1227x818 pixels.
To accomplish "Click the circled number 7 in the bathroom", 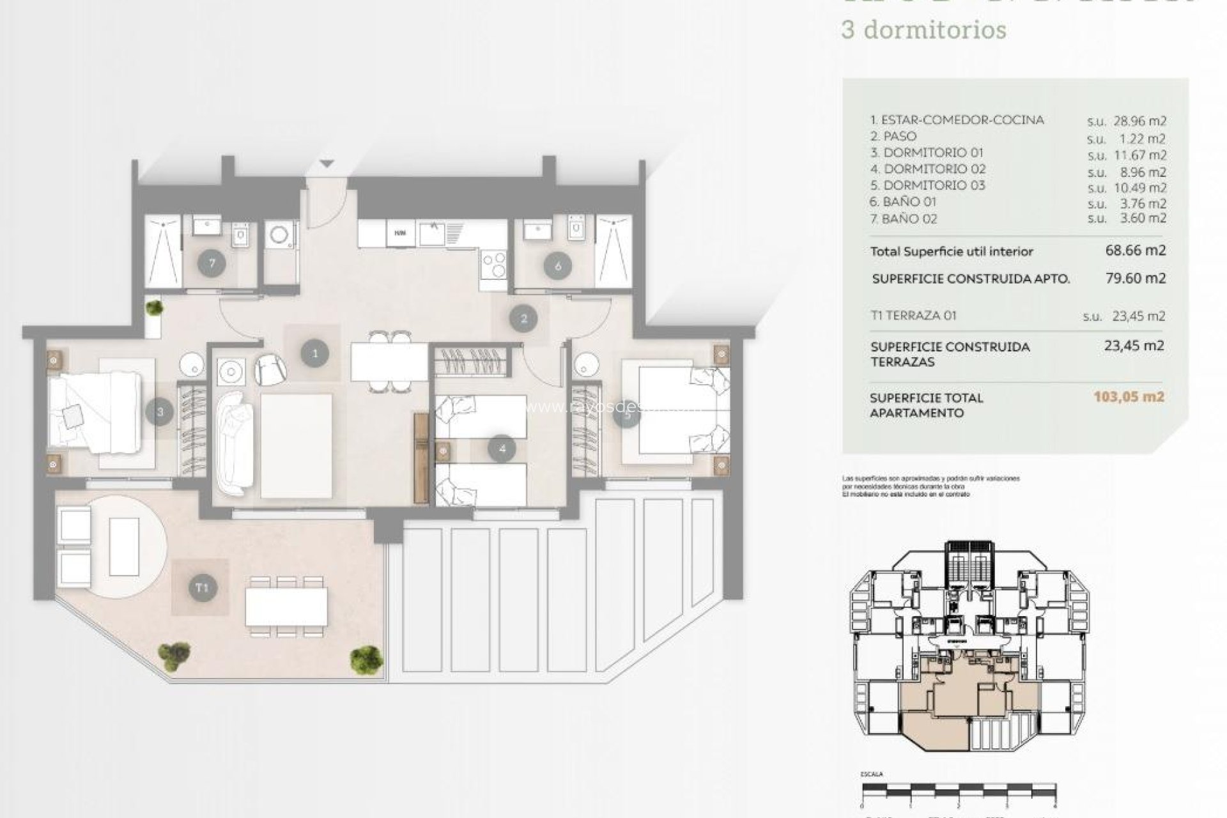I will coord(211,263).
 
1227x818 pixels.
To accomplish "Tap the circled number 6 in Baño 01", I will coord(558,266).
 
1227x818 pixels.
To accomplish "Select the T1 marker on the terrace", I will coord(202,587).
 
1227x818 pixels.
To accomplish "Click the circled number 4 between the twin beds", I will coord(502,449).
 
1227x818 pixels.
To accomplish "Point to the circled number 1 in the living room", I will coord(314,353).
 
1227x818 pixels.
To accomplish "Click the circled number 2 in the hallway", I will coord(524,318).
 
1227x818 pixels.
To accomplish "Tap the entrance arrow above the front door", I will coord(327,164).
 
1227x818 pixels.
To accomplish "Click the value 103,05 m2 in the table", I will coord(1129,397).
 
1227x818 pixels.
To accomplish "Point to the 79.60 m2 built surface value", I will coord(1136,278).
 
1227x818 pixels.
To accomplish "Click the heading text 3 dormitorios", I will coord(923,30).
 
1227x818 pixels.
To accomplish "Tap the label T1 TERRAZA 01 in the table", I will coord(913,316).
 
